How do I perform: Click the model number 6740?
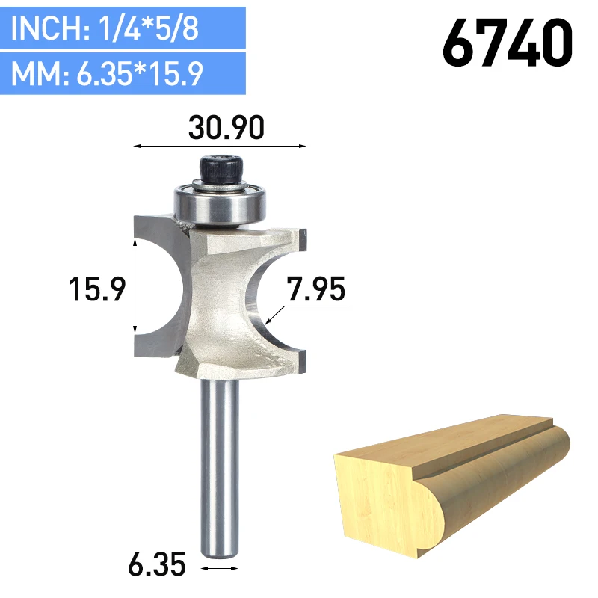pos(508,43)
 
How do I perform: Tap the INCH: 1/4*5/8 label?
pos(105,28)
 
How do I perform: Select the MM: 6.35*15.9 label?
pos(107,73)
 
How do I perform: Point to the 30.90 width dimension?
pos(226,127)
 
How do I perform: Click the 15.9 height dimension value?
pos(97,289)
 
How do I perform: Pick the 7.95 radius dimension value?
pos(315,289)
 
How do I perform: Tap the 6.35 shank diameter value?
pos(157,564)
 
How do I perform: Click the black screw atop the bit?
pos(221,169)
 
